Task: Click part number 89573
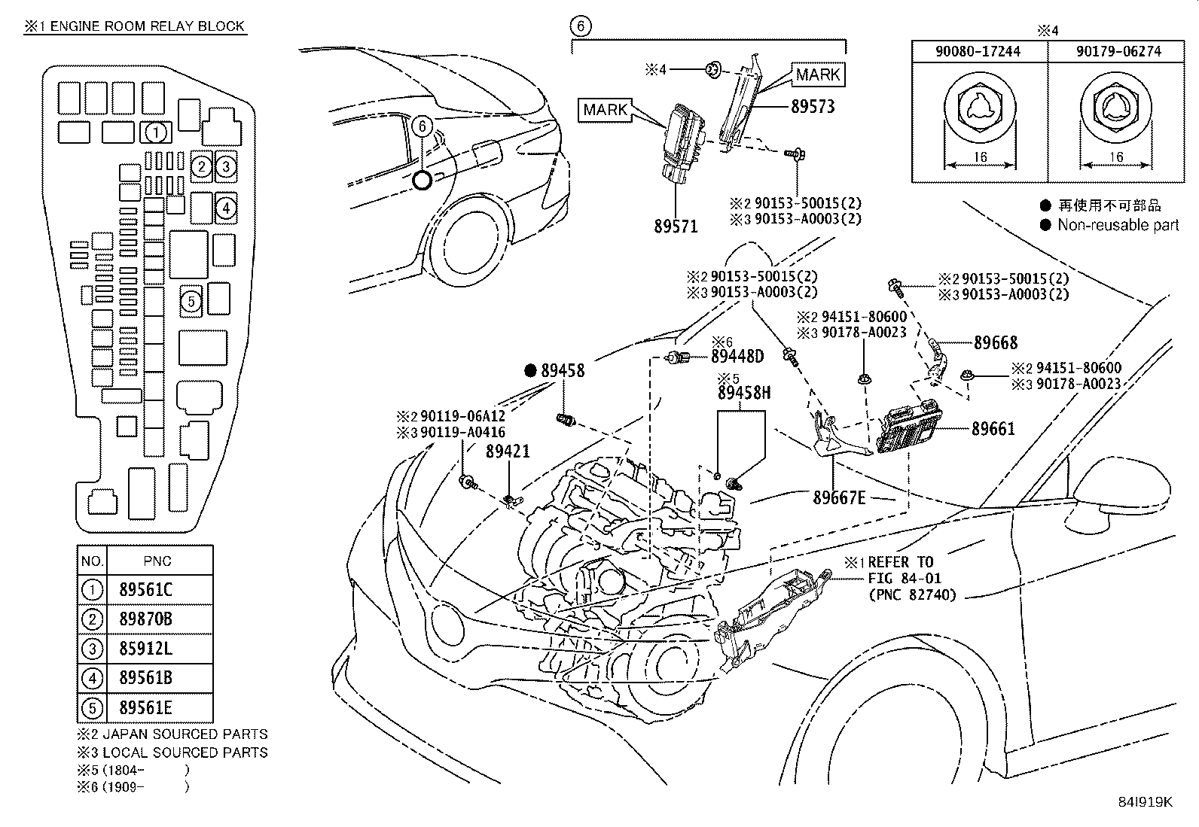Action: pos(813,106)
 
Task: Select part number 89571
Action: pos(676,227)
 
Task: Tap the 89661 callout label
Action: pos(993,428)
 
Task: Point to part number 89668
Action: pos(996,342)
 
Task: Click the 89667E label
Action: pos(839,497)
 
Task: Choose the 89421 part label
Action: pos(508,451)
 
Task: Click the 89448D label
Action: pos(737,356)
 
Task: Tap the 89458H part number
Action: pos(744,393)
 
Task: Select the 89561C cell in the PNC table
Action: pos(145,589)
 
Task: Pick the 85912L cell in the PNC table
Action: pos(145,649)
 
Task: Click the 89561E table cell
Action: pos(145,707)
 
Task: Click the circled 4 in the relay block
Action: pos(226,208)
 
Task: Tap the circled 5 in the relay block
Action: pos(191,302)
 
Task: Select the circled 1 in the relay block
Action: pos(156,132)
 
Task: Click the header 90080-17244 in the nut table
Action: pos(978,51)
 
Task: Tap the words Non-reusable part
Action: pos(1118,225)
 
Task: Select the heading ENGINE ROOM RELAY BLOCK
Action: pos(147,26)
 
